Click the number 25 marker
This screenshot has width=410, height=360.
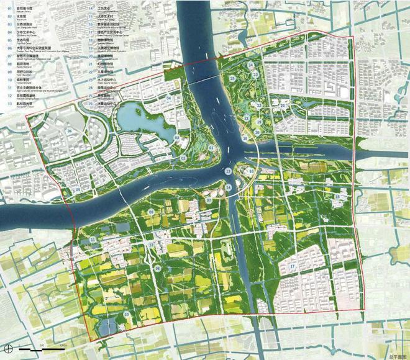point(231,78)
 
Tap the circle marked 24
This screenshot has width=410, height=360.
point(250,65)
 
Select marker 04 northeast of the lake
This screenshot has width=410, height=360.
point(168,99)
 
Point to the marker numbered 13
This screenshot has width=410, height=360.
point(229,171)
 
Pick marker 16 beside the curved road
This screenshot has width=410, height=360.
point(250,171)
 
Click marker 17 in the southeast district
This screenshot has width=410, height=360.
point(291,267)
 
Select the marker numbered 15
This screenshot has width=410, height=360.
point(337,197)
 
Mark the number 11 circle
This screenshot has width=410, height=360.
point(93,240)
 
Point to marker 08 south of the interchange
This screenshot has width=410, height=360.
point(158,269)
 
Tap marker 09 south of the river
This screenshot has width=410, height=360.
point(151,212)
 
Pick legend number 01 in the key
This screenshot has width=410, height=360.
point(11,8)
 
